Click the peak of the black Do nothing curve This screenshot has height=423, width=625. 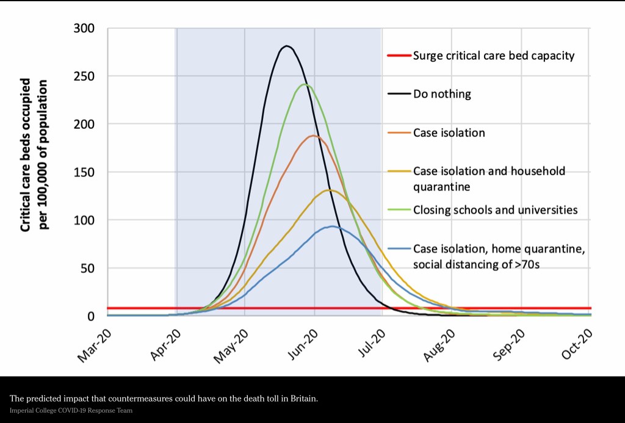[x=286, y=46]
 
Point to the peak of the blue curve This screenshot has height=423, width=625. [x=331, y=226]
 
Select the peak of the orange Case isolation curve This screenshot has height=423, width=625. [x=313, y=136]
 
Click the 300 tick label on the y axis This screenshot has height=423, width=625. [x=84, y=28]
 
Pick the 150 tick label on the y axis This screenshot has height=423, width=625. [x=84, y=172]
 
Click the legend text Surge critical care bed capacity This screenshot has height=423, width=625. [x=494, y=56]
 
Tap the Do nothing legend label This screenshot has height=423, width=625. [x=443, y=95]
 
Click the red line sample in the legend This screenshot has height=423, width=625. [x=399, y=56]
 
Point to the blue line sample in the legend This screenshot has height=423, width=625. [x=399, y=249]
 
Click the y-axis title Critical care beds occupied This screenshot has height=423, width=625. [x=26, y=156]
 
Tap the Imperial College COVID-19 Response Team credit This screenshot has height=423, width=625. [x=71, y=411]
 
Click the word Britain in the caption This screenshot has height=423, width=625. [x=303, y=399]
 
